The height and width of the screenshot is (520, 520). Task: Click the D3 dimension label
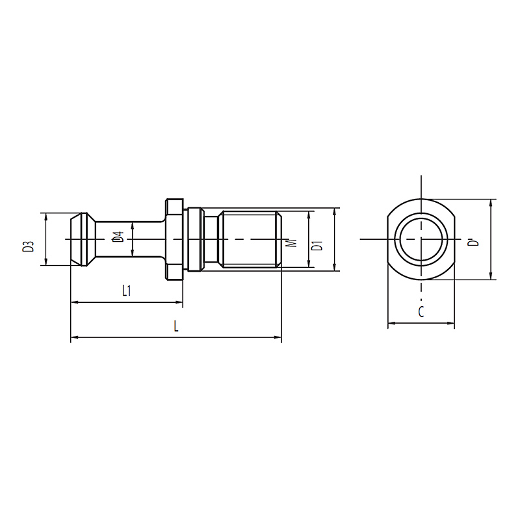[29, 246]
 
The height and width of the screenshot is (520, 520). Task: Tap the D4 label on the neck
[118, 237]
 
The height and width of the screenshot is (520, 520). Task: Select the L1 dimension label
[127, 291]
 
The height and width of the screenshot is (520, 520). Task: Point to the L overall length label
[176, 326]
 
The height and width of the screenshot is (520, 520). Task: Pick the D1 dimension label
[318, 247]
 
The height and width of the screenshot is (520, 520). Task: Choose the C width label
[421, 312]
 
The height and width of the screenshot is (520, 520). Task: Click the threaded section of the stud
[250, 239]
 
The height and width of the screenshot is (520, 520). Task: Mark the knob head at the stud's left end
[83, 239]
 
